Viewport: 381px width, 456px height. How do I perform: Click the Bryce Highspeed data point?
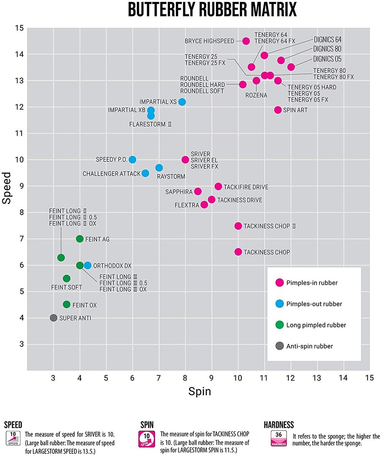[246, 41]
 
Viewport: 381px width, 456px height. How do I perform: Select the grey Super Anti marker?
[53, 318]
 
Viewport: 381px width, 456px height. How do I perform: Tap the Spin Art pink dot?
[278, 110]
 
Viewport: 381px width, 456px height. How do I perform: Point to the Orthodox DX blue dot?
[87, 265]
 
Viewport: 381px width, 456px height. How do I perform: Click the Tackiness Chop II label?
[270, 226]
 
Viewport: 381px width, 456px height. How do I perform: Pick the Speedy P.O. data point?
[132, 160]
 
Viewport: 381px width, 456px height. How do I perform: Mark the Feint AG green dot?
[79, 239]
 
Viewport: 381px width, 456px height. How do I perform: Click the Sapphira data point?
[198, 192]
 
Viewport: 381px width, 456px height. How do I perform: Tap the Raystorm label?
[171, 177]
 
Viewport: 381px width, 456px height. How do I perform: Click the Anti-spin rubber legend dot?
[279, 346]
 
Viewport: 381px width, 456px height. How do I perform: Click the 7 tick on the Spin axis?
[159, 378]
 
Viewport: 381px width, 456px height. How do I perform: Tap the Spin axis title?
[200, 392]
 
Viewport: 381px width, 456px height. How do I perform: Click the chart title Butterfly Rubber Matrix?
[212, 10]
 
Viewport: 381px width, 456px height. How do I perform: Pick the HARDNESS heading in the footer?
[279, 425]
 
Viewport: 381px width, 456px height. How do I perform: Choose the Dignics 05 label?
[327, 59]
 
